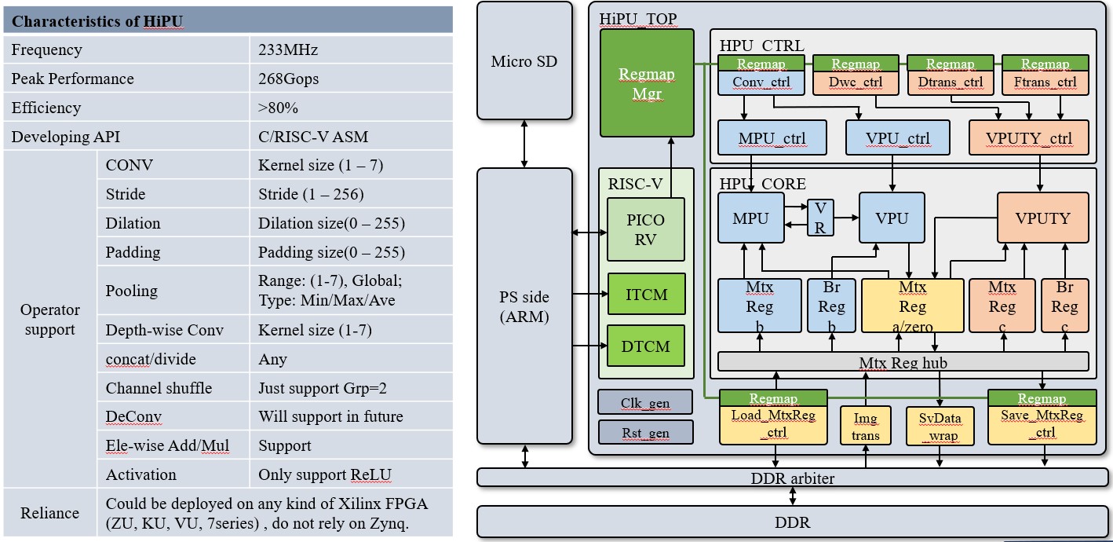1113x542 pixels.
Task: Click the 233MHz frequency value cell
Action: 288,50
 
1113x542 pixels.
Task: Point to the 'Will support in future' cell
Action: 330,417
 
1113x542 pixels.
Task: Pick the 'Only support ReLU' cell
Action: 325,474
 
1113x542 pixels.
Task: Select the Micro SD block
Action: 524,61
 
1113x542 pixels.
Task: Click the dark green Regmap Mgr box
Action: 647,84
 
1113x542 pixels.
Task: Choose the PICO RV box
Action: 646,229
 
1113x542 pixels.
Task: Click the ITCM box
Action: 646,295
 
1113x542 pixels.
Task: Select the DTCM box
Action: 646,346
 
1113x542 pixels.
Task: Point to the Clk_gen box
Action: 645,402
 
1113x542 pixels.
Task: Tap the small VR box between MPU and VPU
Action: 820,218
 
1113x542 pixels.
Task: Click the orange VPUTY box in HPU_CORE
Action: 1042,218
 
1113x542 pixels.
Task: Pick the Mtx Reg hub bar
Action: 903,362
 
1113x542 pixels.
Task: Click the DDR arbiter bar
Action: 794,478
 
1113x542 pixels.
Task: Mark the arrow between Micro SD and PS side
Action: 524,144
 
